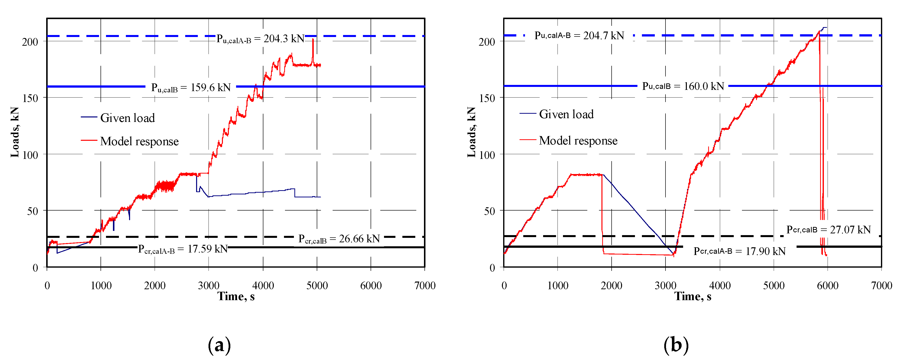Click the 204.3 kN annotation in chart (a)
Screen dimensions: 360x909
coord(260,38)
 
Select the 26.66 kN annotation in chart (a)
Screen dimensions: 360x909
coord(339,239)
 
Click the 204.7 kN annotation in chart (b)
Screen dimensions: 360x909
coord(579,35)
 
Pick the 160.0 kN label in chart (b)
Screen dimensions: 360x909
coord(683,86)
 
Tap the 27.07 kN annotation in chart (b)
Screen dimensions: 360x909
coord(828,230)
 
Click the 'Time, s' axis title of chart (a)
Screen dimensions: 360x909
coord(236,296)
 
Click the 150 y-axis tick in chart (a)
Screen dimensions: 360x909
coord(30,98)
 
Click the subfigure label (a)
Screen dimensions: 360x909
coord(219,345)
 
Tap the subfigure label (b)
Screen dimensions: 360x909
coord(676,345)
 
